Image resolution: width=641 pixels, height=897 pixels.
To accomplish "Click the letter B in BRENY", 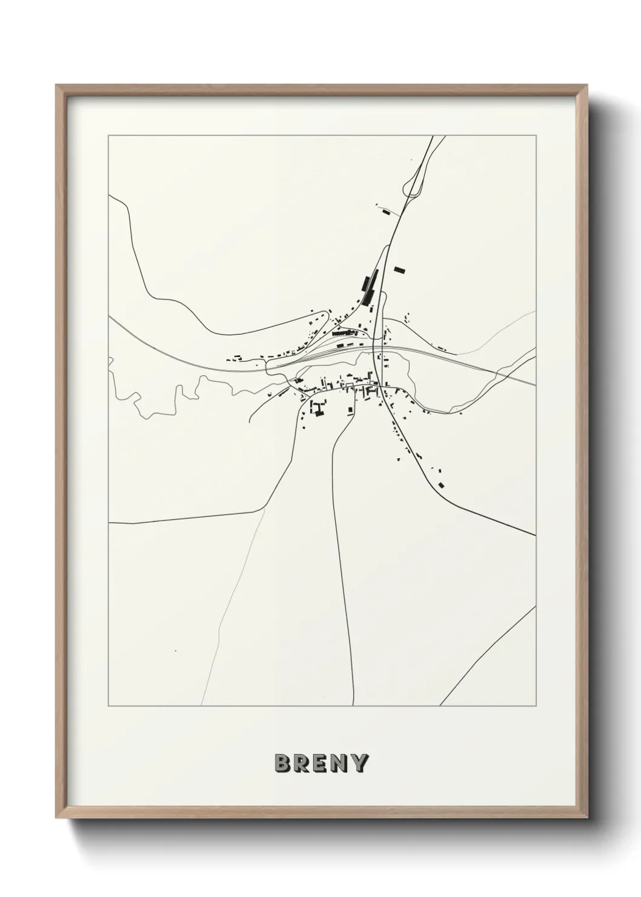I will point(283,764).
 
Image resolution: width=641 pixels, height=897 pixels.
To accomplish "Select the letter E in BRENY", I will point(321,764).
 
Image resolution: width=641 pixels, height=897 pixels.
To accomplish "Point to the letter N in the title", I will point(340,764).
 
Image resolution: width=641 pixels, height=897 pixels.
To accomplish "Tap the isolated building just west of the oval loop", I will point(385,212).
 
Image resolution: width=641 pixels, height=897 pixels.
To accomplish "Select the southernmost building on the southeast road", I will point(441,484).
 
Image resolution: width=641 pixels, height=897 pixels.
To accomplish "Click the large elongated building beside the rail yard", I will point(366,284).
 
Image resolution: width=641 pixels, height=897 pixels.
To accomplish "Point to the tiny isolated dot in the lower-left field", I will point(174,652).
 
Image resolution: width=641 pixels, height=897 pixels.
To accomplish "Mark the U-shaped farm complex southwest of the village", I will point(316,408).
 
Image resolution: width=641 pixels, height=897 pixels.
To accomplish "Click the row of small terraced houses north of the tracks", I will point(340,333).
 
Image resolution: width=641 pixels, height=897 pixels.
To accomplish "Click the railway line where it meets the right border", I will point(533,384).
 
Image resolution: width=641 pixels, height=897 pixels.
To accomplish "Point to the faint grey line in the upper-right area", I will point(503,330).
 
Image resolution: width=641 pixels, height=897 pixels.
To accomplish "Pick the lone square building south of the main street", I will point(350,410).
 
